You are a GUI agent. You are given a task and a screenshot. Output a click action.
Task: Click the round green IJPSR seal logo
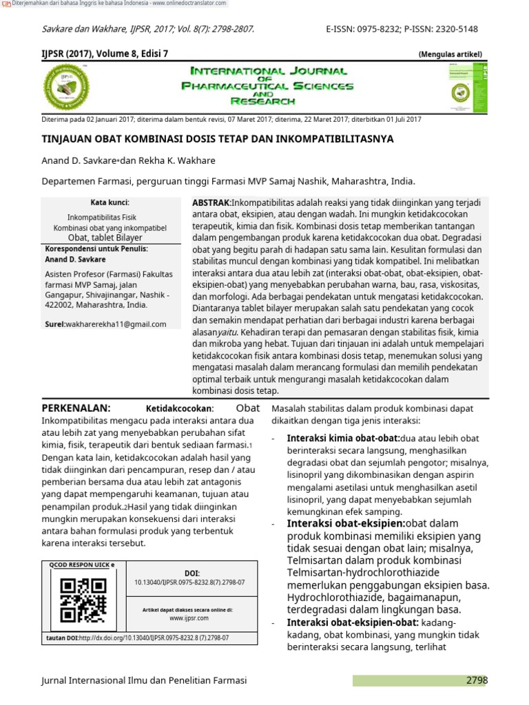tap(67, 87)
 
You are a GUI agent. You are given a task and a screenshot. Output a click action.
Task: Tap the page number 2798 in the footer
tap(476, 680)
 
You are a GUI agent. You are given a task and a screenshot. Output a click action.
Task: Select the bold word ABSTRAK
tap(211, 203)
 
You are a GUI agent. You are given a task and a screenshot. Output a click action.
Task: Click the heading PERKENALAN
tap(76, 408)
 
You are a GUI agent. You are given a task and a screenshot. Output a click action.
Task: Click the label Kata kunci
tap(110, 202)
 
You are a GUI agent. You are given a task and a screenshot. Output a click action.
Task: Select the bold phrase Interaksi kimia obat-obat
tap(342, 439)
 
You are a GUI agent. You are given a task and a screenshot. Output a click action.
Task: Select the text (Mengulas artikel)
tap(450, 54)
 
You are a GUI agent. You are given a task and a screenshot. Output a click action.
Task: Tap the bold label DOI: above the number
tap(191, 573)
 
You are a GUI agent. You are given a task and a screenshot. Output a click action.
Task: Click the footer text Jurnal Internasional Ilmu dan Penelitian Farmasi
tap(144, 680)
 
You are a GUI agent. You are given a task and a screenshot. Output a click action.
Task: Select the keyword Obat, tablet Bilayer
tap(110, 238)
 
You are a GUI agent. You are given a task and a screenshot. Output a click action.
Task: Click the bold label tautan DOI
tap(62, 638)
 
